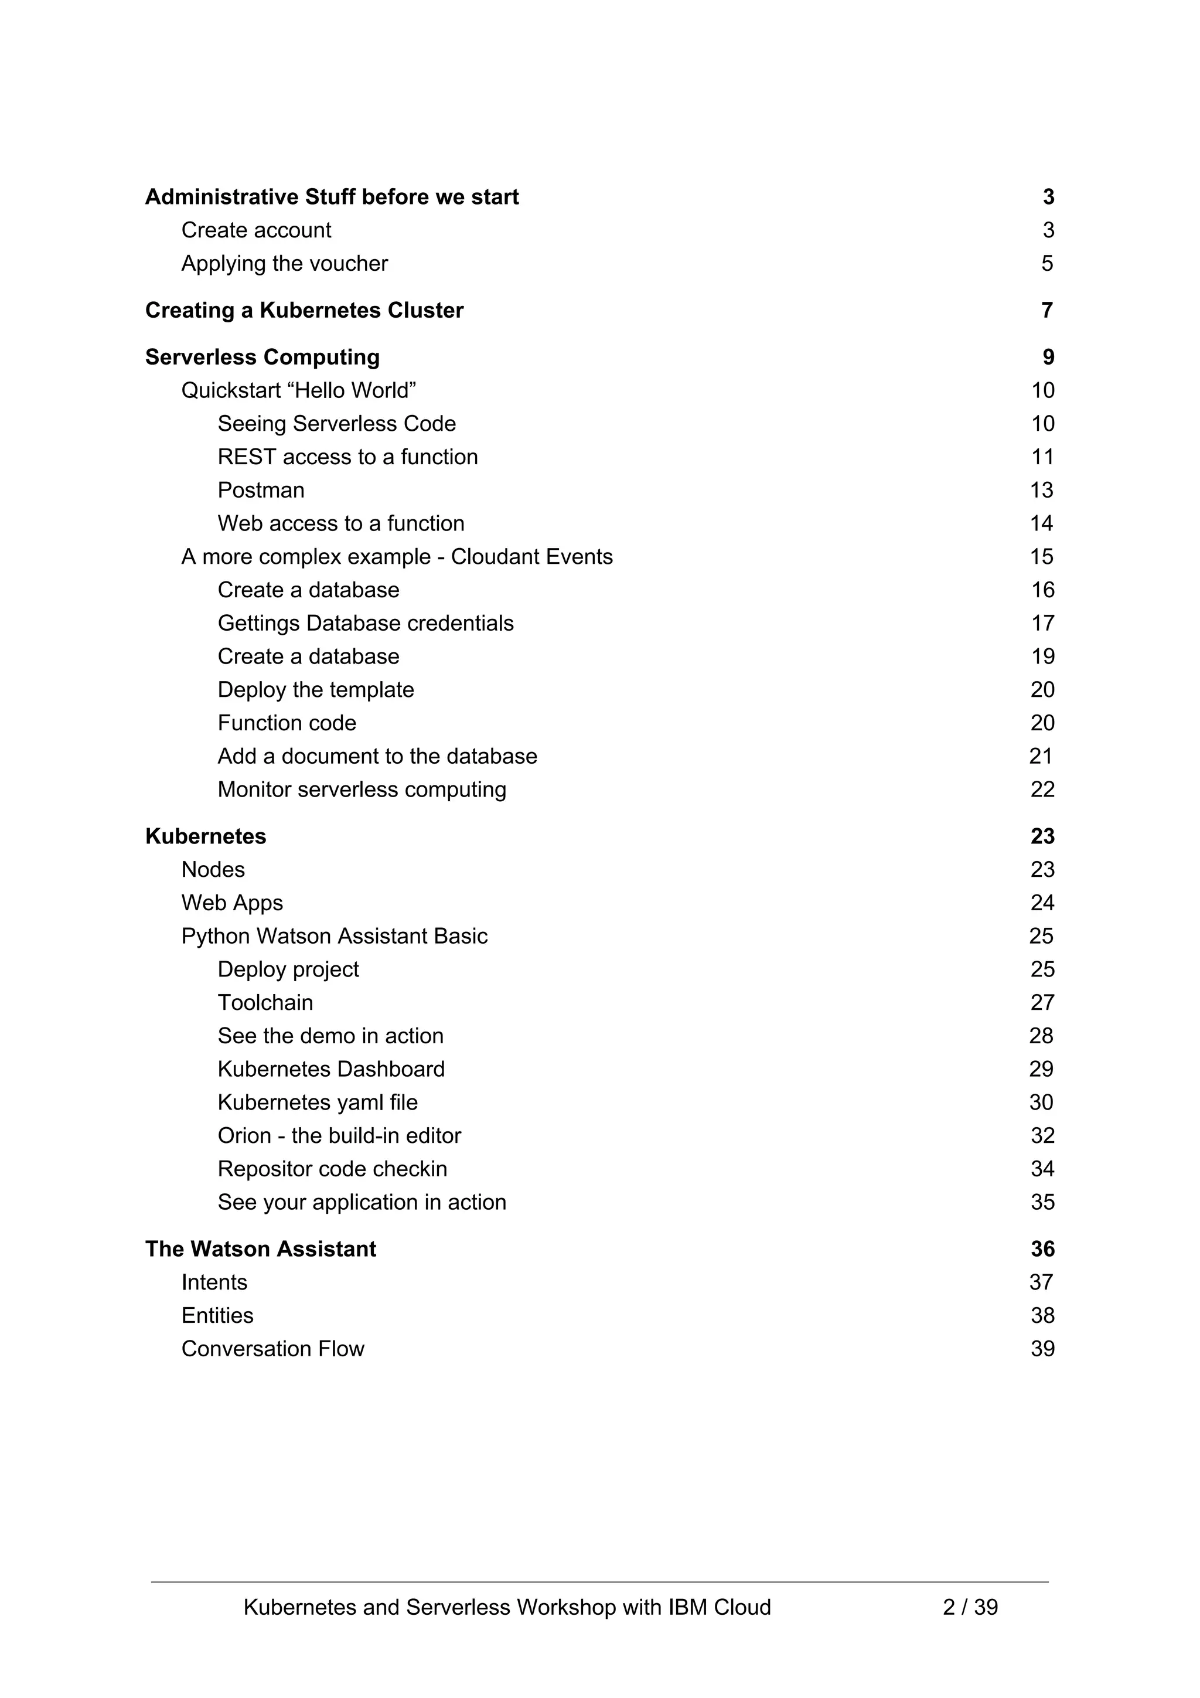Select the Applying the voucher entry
coord(284,263)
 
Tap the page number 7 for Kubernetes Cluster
coord(1047,310)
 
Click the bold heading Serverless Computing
coord(262,356)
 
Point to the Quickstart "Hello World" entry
coord(299,390)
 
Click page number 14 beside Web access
coord(1041,523)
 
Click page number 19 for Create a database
coord(1042,656)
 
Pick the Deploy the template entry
coord(316,689)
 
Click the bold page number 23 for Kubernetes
coord(1042,836)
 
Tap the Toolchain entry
coord(265,1002)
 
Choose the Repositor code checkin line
coord(332,1169)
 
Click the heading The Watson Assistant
coord(260,1248)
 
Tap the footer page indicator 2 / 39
coord(970,1607)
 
